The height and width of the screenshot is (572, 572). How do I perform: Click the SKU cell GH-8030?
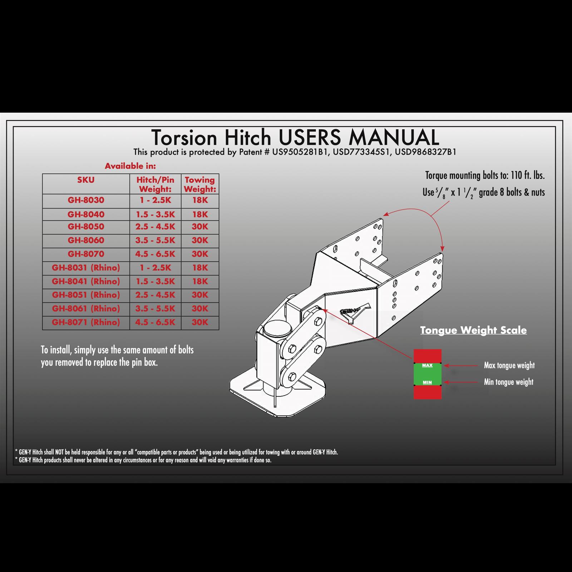pyautogui.click(x=86, y=200)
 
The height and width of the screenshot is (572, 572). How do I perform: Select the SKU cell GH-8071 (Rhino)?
pyautogui.click(x=86, y=322)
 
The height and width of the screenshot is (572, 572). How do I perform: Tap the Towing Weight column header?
pyautogui.click(x=200, y=184)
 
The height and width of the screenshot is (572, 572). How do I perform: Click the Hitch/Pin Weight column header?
pyautogui.click(x=155, y=184)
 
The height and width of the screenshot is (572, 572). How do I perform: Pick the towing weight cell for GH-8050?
pyautogui.click(x=200, y=227)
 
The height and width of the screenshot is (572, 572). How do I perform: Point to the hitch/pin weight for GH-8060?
pyautogui.click(x=155, y=241)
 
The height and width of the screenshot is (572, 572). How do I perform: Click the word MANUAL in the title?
pyautogui.click(x=394, y=137)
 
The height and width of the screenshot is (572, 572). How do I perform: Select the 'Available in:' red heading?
pyautogui.click(x=130, y=166)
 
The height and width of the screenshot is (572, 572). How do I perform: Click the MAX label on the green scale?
pyautogui.click(x=427, y=365)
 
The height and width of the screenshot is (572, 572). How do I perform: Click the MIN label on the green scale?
pyautogui.click(x=427, y=382)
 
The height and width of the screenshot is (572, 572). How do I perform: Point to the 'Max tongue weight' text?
pyautogui.click(x=509, y=365)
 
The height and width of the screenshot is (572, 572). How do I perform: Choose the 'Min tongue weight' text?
pyautogui.click(x=508, y=382)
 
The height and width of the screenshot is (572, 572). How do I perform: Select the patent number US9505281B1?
pyautogui.click(x=300, y=152)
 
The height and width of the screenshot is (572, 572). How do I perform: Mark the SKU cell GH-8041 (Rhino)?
pyautogui.click(x=86, y=282)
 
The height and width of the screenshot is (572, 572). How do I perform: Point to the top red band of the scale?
pyautogui.click(x=427, y=356)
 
